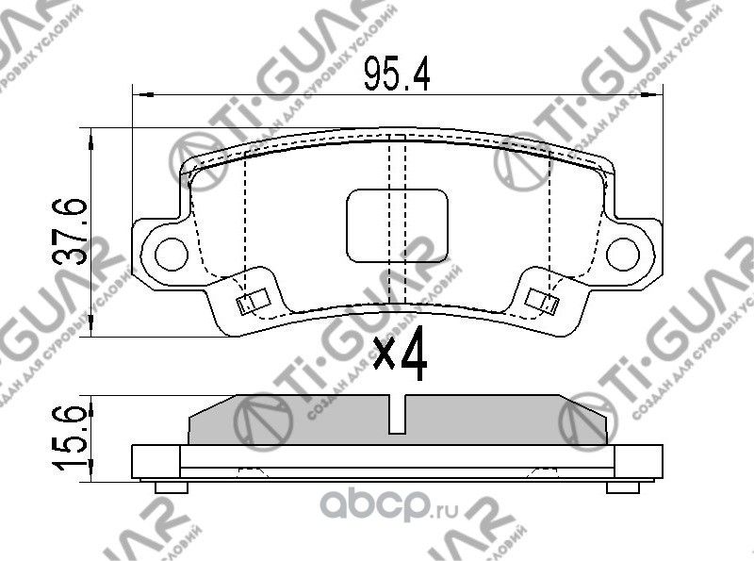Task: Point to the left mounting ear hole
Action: pos(171,252)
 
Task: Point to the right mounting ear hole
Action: pos(622,252)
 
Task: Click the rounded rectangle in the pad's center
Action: pos(397,224)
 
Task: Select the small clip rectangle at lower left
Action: pos(249,303)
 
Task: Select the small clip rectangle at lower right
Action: pos(542,303)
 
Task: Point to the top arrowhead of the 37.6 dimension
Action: pos(90,139)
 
